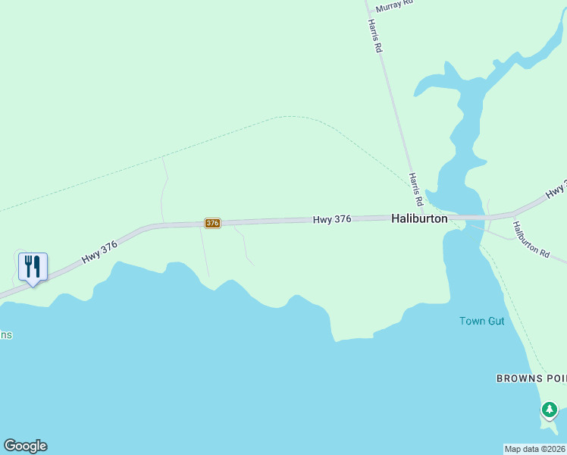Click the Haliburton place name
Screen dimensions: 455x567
[419, 218]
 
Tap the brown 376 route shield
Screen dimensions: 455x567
[212, 223]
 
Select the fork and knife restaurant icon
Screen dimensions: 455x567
[33, 267]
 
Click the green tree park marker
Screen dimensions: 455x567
[550, 410]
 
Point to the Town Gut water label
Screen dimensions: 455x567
[481, 321]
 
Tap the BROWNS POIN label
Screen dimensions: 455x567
[531, 378]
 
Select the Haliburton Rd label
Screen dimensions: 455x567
[531, 238]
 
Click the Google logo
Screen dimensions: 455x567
[25, 446]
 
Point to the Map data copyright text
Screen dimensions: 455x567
[535, 448]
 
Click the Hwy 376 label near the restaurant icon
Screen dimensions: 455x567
[100, 252]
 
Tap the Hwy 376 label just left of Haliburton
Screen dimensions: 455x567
[331, 219]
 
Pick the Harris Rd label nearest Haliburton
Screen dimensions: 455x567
[415, 190]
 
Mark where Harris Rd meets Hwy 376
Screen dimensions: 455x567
[421, 217]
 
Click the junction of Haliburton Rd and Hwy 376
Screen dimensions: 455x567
[506, 216]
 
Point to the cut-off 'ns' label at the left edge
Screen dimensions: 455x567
[6, 334]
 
